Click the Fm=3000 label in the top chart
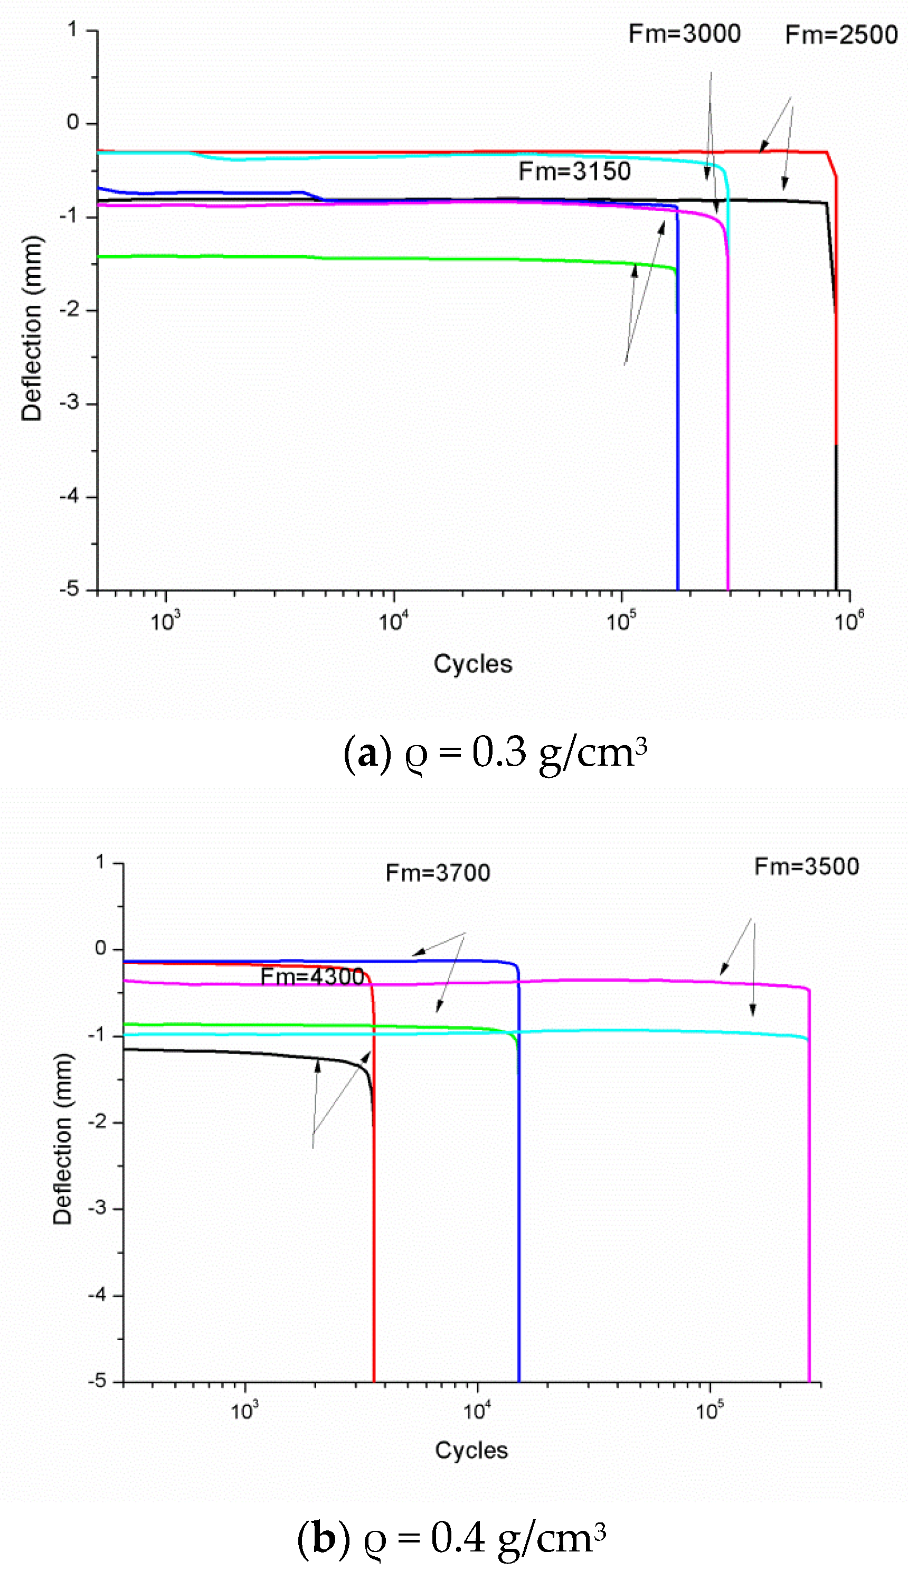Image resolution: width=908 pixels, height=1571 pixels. click(x=684, y=34)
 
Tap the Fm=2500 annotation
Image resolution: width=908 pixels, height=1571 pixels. click(x=841, y=35)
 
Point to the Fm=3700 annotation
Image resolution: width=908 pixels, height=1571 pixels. click(x=438, y=873)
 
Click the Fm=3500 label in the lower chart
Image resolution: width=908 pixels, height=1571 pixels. click(x=807, y=866)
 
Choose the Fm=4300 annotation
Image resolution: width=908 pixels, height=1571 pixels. click(x=312, y=976)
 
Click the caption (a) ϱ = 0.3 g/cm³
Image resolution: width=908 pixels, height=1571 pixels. click(x=496, y=753)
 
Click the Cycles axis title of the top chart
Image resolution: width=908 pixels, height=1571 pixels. click(x=473, y=664)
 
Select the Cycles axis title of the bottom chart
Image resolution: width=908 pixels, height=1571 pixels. click(x=471, y=1450)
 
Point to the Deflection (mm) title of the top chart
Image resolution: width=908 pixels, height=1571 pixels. click(x=31, y=328)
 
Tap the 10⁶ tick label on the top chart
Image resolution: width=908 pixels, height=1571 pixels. click(x=849, y=621)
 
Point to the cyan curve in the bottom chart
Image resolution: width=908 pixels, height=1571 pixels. click(x=623, y=1031)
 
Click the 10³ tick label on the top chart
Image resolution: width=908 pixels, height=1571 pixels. click(x=165, y=621)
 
